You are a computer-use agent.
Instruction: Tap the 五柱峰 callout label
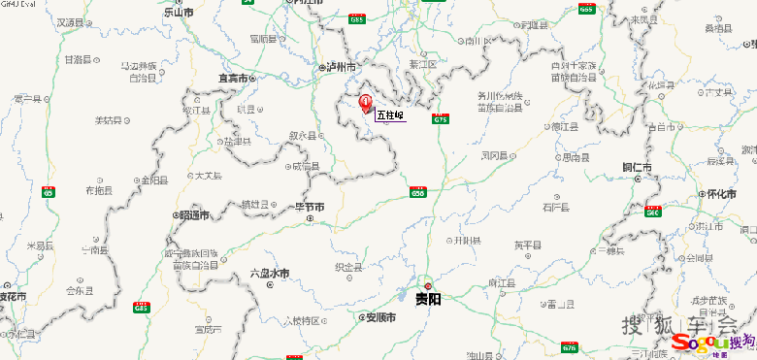coord(389,115)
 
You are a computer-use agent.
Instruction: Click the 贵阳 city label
coord(428,299)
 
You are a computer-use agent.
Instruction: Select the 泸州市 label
coord(340,67)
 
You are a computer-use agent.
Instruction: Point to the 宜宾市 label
coord(234,78)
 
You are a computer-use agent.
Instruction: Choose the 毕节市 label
coord(310,207)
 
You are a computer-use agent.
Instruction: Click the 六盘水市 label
coord(270,274)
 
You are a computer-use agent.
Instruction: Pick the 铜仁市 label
coord(638,168)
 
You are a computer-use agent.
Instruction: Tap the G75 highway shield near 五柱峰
coord(442,118)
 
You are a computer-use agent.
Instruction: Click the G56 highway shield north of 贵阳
coord(418,193)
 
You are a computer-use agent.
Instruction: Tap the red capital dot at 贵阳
coord(427,285)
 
